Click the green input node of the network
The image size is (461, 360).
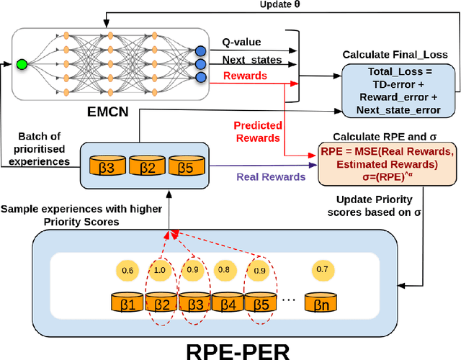(x=22, y=64)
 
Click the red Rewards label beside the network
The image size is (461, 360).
(x=244, y=76)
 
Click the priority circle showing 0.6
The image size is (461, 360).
(x=127, y=270)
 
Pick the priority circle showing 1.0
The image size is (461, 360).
(x=160, y=270)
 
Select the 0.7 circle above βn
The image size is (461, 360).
(x=322, y=270)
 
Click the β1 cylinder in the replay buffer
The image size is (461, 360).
(x=128, y=302)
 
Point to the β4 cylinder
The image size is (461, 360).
(x=228, y=302)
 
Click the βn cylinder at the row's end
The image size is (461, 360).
(x=321, y=302)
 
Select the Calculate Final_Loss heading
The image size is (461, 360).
(x=395, y=55)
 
